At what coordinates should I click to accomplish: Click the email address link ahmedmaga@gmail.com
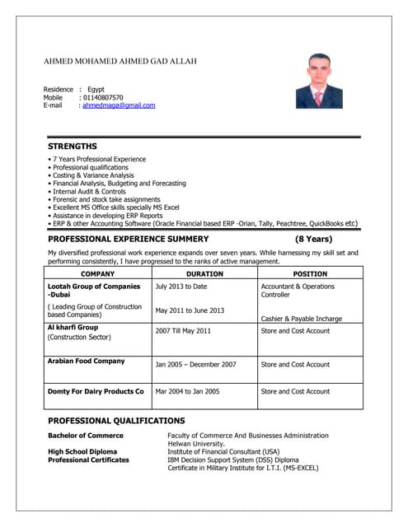[x=119, y=105]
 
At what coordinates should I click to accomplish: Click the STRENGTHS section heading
[x=73, y=146]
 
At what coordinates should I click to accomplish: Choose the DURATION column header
[x=204, y=273]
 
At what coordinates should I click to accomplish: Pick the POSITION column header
[x=310, y=273]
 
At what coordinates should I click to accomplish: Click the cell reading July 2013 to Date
[x=181, y=287]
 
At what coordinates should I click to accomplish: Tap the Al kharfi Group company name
[x=73, y=327]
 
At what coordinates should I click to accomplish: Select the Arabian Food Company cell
[x=87, y=361]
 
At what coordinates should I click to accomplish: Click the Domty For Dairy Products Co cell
[x=96, y=391]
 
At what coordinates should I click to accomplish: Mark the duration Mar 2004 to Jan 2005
[x=187, y=391]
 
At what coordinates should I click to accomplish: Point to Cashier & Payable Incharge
[x=301, y=318]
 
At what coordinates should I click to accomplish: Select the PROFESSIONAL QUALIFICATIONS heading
[x=116, y=421]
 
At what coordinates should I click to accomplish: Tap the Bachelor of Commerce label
[x=86, y=435]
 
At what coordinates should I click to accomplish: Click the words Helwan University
[x=196, y=444]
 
